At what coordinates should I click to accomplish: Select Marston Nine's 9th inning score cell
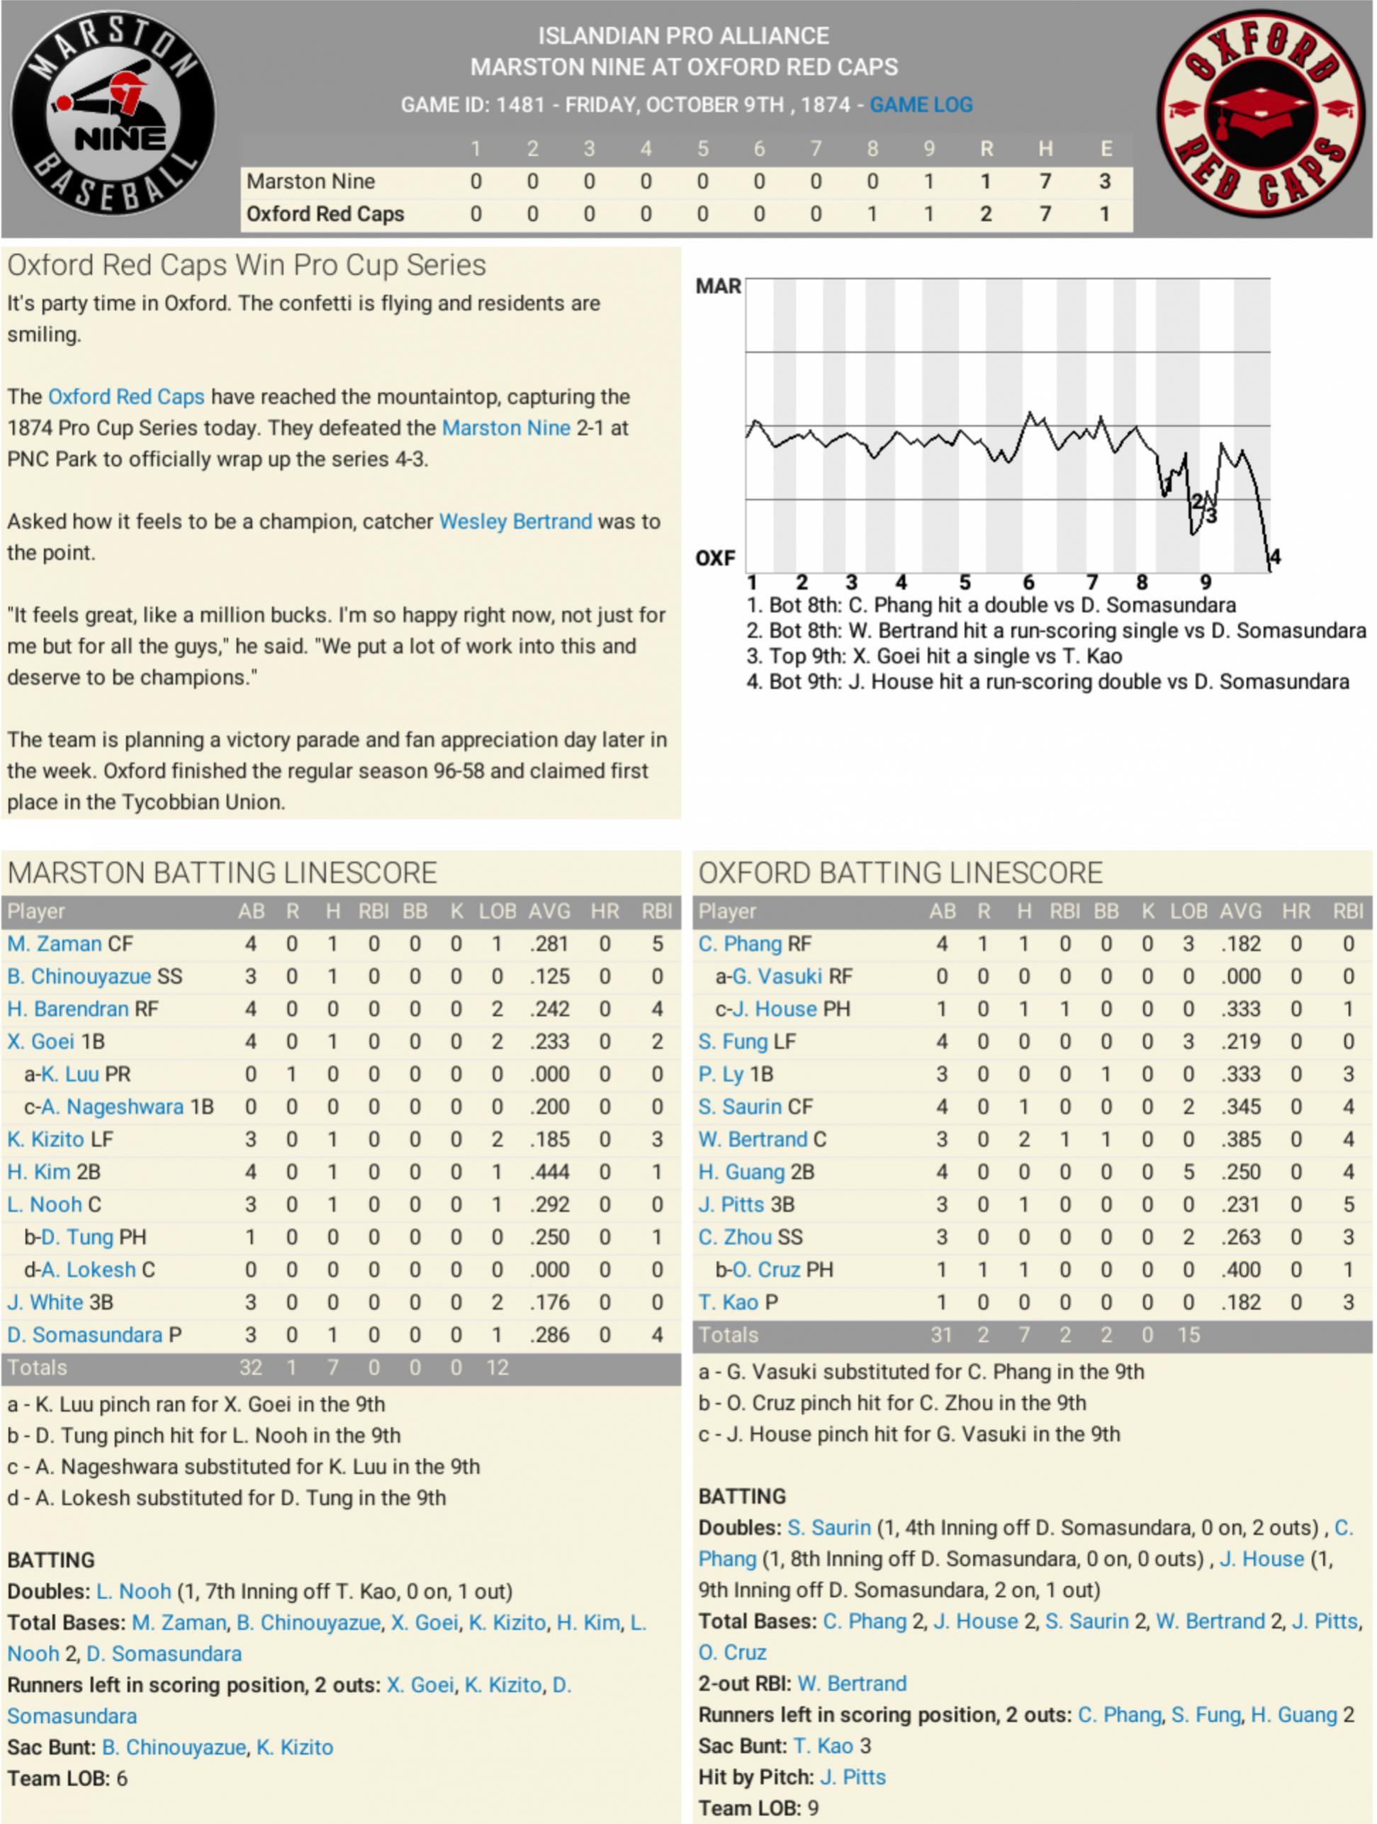(928, 181)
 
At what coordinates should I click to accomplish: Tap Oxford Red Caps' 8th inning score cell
(872, 214)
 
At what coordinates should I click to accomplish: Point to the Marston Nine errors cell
(1105, 181)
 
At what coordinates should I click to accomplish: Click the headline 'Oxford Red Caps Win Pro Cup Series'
(247, 266)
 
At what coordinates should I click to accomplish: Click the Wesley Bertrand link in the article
(515, 521)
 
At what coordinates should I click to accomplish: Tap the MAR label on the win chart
(717, 286)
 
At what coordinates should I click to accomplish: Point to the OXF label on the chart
(715, 558)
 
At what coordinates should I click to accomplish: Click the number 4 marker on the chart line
(1275, 556)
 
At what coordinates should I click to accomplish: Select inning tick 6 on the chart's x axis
(1028, 583)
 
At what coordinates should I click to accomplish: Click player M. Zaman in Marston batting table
(55, 944)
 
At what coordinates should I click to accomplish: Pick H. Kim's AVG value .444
(549, 1172)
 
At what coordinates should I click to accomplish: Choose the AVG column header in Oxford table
(1240, 911)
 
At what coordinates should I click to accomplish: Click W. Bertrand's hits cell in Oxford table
(1023, 1140)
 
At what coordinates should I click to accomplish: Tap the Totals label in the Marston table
(37, 1367)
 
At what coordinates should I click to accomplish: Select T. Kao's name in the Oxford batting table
(728, 1302)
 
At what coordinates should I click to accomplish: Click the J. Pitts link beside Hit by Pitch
(853, 1777)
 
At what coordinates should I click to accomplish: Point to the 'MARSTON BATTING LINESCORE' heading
(222, 873)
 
